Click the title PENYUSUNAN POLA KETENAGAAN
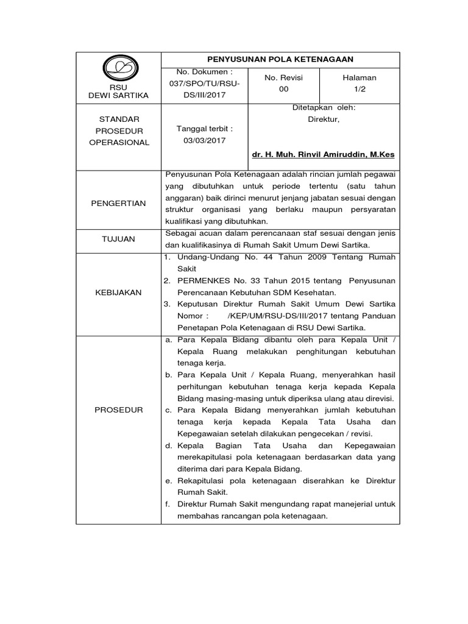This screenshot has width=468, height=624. (x=280, y=58)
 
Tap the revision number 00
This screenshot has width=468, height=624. (x=283, y=89)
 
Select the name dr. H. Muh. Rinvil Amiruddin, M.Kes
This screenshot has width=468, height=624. (x=323, y=155)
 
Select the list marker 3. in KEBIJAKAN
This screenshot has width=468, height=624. (x=168, y=303)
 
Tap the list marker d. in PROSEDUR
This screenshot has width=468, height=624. (x=168, y=446)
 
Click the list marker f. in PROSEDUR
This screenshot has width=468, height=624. (x=167, y=504)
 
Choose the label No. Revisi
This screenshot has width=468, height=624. (x=283, y=77)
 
